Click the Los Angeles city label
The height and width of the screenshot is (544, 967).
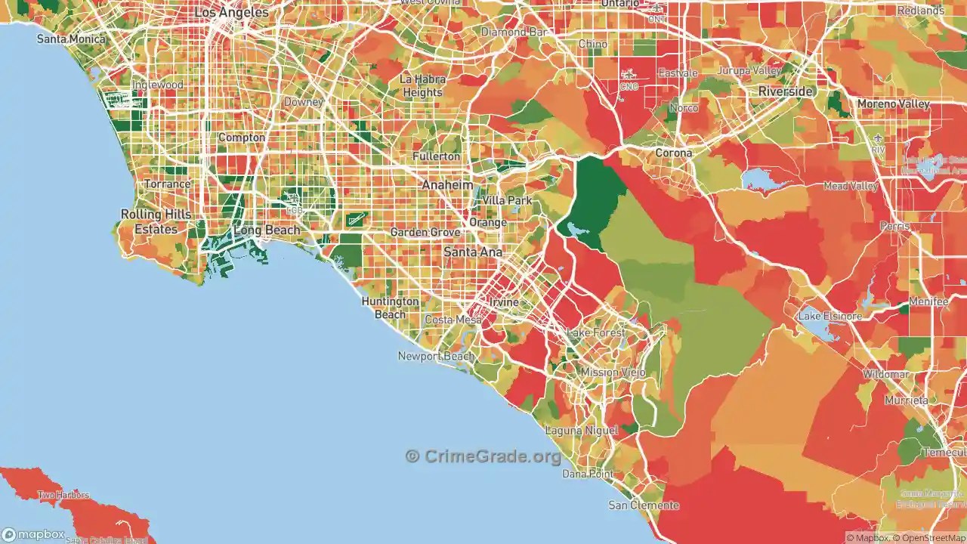tap(231, 13)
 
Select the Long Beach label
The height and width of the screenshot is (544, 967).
tap(267, 230)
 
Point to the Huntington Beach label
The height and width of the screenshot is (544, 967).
tap(390, 308)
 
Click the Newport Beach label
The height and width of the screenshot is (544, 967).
tap(436, 356)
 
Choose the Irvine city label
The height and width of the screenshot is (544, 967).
tap(505, 302)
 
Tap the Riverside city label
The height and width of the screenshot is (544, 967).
tap(786, 91)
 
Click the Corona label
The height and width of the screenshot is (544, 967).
tap(673, 153)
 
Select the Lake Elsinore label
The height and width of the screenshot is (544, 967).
tap(830, 316)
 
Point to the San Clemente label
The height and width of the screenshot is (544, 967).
tap(634, 505)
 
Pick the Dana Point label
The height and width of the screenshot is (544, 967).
tap(588, 474)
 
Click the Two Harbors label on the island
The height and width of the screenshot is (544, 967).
tap(63, 496)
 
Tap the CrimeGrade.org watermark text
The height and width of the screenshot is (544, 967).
tap(483, 456)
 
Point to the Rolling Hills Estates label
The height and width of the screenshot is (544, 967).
tap(156, 221)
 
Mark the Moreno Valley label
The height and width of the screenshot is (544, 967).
tap(892, 104)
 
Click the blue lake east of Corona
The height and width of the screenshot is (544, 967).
tap(764, 179)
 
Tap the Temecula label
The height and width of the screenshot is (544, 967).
tap(944, 452)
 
